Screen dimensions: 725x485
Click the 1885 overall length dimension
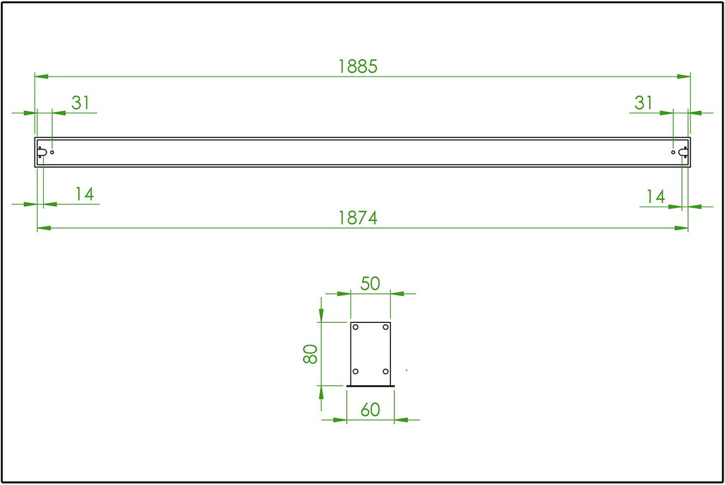click(358, 67)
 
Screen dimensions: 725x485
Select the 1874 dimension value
click(358, 218)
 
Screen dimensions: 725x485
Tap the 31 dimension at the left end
click(81, 103)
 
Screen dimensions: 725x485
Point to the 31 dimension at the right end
click(643, 103)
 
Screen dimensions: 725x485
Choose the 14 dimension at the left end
click(85, 194)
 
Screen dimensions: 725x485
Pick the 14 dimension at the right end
click(656, 197)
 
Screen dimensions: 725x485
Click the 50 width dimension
click(370, 283)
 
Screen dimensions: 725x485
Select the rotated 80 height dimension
click(310, 354)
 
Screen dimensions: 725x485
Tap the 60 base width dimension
click(370, 410)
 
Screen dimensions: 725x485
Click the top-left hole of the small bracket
click(355, 327)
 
